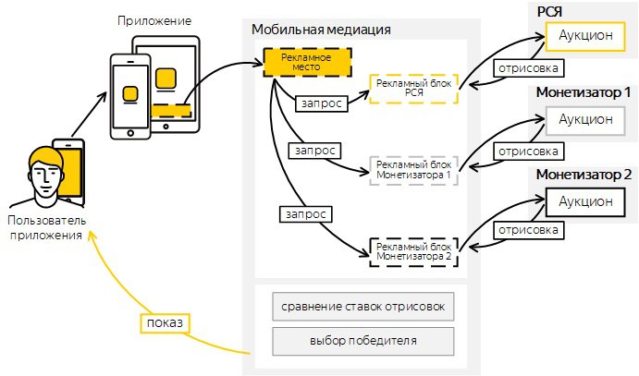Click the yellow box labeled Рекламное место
coord(307,62)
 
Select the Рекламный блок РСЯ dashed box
coord(413,89)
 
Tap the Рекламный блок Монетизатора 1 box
coord(413,170)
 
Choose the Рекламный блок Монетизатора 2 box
coord(413,252)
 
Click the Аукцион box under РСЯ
coord(585,36)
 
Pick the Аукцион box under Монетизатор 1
coord(585,120)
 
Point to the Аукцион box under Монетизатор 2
coord(585,201)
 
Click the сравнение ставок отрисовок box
coord(363,307)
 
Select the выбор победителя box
coord(363,341)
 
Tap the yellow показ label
coord(165,323)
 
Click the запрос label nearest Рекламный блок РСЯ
coord(321,103)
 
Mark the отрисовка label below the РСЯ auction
coord(529,68)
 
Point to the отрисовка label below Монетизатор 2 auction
coord(529,230)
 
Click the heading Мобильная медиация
coord(321,30)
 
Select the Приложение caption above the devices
coord(154,20)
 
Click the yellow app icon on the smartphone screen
coord(130,94)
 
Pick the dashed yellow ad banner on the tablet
coord(171,111)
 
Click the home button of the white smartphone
coord(130,133)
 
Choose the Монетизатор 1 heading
coord(584,92)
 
